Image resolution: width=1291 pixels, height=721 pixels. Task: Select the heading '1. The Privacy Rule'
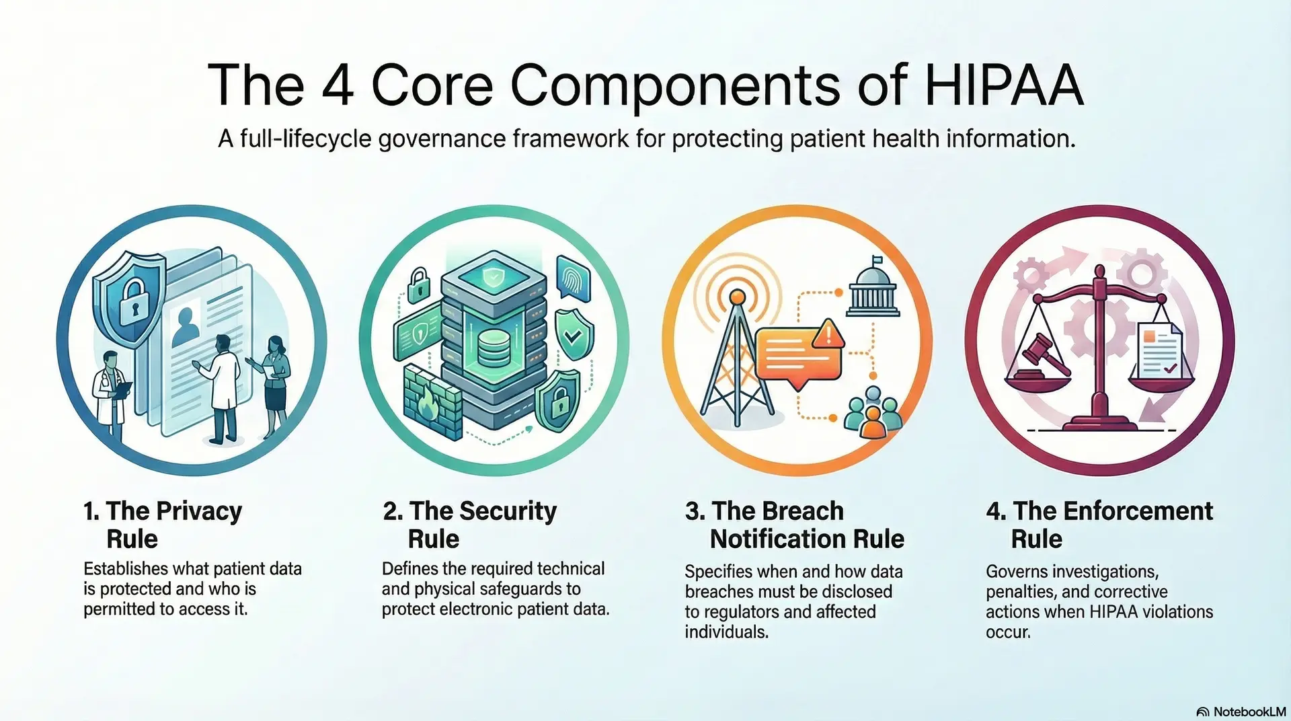click(x=162, y=525)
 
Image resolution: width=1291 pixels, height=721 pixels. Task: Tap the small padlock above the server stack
click(x=419, y=284)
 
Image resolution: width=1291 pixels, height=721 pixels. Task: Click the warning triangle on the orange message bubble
click(x=829, y=333)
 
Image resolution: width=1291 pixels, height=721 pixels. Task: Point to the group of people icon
click(x=873, y=412)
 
